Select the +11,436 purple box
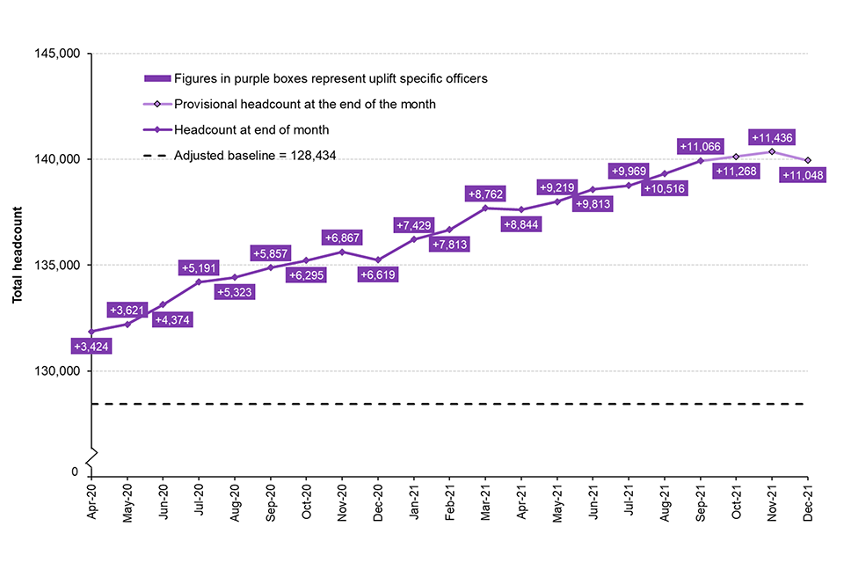pyautogui.click(x=775, y=137)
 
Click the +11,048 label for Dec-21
pyautogui.click(x=808, y=176)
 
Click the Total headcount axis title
pyautogui.click(x=18, y=255)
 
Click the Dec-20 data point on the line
pyautogui.click(x=378, y=260)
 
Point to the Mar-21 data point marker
pyautogui.click(x=485, y=208)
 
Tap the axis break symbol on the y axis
pyautogui.click(x=92, y=455)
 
